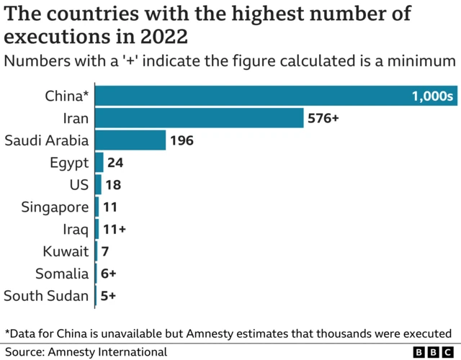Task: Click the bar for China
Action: coord(252,96)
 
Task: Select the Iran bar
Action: coord(200,118)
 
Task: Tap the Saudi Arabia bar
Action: coord(130,140)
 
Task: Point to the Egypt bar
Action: coord(99,163)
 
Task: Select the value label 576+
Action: coord(323,118)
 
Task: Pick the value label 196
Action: coord(182,140)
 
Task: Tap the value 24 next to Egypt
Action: coord(115,163)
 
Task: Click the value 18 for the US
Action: coord(113,185)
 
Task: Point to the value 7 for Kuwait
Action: coord(104,251)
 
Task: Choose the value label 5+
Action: coord(108,296)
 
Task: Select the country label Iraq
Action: coord(76,230)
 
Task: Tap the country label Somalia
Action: coord(62,274)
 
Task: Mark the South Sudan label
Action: coord(46,296)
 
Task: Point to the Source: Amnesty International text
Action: coord(86,352)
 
